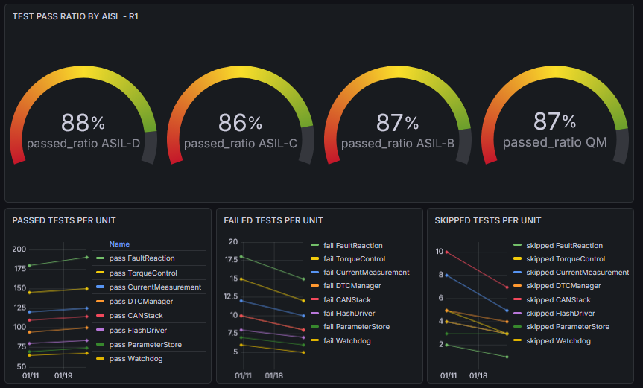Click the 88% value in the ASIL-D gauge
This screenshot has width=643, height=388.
(x=83, y=122)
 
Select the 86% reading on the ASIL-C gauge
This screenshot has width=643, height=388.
(x=241, y=122)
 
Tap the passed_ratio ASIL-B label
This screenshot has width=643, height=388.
(x=398, y=144)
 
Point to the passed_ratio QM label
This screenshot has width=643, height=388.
(x=555, y=142)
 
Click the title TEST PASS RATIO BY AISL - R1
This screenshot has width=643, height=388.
(x=75, y=16)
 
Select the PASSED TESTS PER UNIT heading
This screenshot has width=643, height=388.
(x=64, y=220)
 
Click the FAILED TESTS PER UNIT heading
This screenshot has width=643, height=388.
(x=273, y=220)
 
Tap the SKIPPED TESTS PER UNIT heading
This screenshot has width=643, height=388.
(x=488, y=220)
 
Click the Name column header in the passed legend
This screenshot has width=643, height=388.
(x=119, y=244)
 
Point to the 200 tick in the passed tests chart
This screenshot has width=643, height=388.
(x=19, y=249)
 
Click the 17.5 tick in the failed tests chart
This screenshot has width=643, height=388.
(x=231, y=259)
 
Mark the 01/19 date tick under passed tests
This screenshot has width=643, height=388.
(x=63, y=375)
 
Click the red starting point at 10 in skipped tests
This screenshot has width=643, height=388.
(x=446, y=252)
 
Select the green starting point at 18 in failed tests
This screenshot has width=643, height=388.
(x=241, y=257)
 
